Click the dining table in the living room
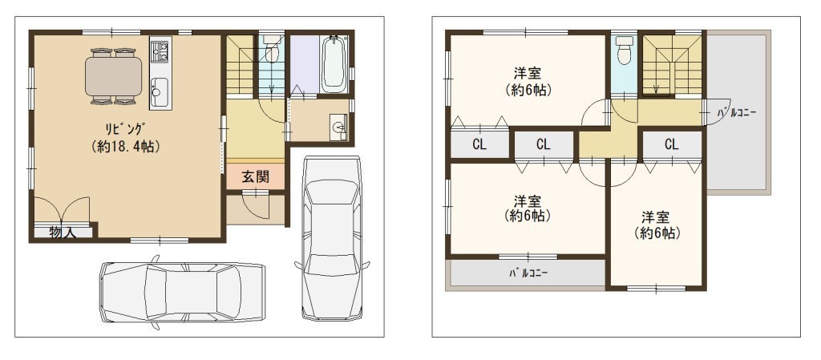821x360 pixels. [114, 76]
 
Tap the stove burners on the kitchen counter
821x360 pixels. [160, 51]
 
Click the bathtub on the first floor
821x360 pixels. [335, 64]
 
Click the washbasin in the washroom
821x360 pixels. [338, 127]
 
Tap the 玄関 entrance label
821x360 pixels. [255, 177]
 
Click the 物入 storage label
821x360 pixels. [63, 232]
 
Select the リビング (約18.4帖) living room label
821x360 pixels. [125, 137]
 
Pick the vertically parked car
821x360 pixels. [332, 238]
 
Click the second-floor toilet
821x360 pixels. [624, 50]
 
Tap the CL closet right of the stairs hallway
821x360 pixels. [672, 145]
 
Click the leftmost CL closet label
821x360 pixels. [479, 145]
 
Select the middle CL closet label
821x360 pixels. [543, 145]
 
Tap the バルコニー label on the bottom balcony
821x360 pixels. [528, 273]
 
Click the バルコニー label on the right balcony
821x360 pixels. [736, 112]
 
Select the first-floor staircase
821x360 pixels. [240, 66]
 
